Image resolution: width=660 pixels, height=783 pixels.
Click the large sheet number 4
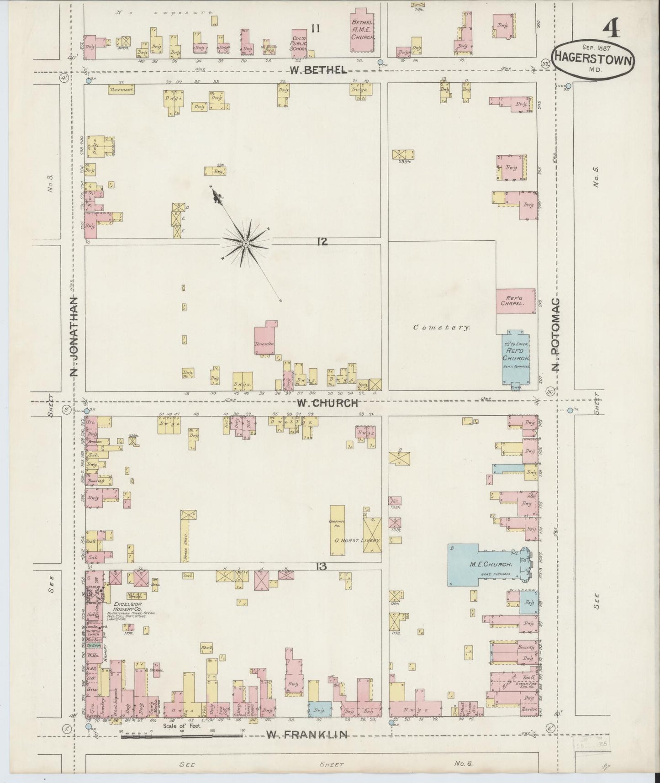click(611, 30)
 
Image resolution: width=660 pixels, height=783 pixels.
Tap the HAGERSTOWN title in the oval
click(593, 58)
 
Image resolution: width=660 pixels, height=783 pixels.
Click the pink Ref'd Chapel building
click(516, 301)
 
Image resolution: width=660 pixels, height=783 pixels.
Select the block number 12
click(322, 242)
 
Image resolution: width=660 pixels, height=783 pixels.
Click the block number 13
click(322, 566)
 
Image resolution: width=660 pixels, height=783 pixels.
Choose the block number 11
click(315, 29)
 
